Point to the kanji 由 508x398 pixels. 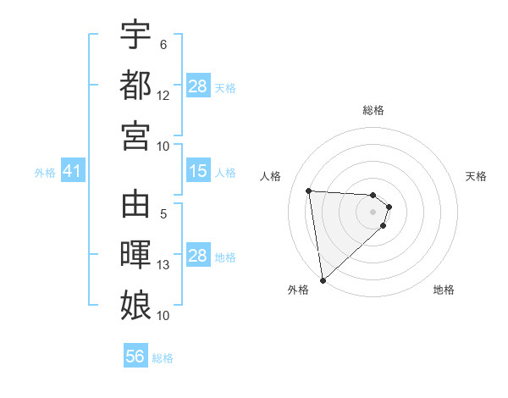[x=135, y=206]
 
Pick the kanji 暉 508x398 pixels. [x=135, y=257]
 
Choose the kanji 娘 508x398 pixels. [x=135, y=305]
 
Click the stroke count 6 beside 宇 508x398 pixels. [x=163, y=45]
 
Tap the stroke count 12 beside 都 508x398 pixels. [x=163, y=96]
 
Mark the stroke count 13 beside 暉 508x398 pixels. [x=163, y=265]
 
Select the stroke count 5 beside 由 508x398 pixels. [x=163, y=214]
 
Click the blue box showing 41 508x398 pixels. [x=72, y=172]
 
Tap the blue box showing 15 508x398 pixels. [x=198, y=172]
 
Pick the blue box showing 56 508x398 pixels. [x=135, y=357]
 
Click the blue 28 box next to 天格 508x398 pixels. [x=198, y=86]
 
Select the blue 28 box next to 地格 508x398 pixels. [x=198, y=256]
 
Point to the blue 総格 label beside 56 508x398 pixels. [x=163, y=358]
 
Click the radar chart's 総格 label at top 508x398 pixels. [x=373, y=110]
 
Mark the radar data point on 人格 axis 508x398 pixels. [x=309, y=191]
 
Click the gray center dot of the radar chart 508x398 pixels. [x=373, y=212]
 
